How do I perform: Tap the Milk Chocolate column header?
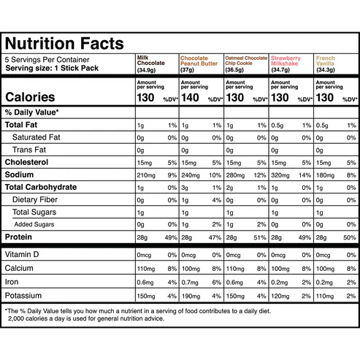(x=151, y=64)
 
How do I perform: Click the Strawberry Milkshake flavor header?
(x=288, y=61)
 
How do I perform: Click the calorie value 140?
(x=190, y=98)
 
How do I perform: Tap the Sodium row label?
(x=23, y=175)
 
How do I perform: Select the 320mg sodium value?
(x=280, y=175)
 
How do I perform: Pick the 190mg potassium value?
(x=191, y=296)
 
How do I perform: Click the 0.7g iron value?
(x=189, y=282)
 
